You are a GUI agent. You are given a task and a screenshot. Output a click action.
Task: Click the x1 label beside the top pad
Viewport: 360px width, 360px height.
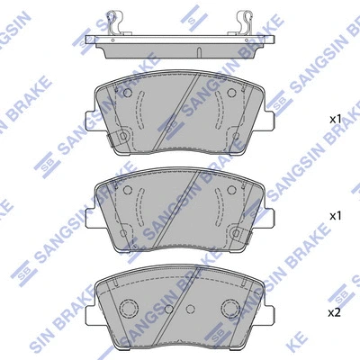coord(334,119)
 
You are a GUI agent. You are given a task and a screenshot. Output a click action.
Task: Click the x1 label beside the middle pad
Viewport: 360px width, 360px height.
coord(334,216)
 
